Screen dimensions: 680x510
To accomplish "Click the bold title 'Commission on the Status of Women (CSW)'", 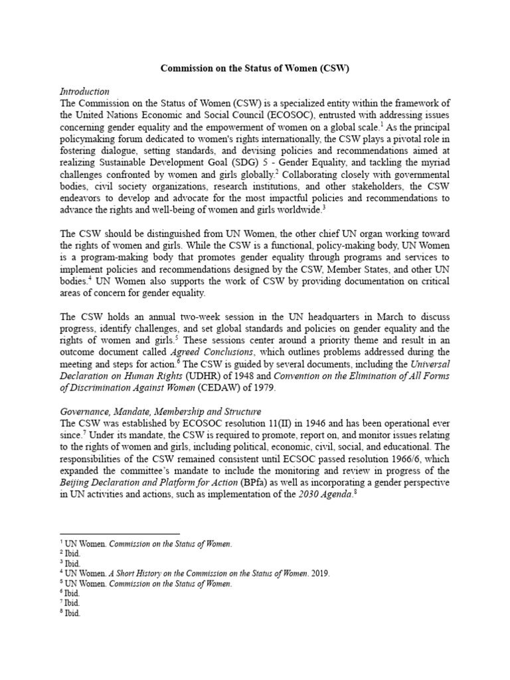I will (x=254, y=68).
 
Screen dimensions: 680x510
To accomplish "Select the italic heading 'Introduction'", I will (x=84, y=91).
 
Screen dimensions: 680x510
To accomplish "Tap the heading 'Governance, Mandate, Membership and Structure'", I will (x=160, y=411).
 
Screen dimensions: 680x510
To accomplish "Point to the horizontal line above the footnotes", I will (x=120, y=534).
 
